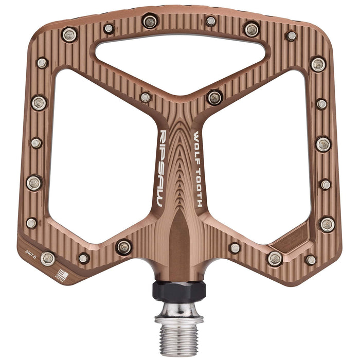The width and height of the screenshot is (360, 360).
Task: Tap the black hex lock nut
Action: (179, 290)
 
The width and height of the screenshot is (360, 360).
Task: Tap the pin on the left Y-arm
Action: (146, 97)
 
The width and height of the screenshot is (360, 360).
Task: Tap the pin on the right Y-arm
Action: (214, 97)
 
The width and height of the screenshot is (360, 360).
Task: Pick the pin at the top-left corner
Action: (69, 35)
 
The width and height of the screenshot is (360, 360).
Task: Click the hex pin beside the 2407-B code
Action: (48, 258)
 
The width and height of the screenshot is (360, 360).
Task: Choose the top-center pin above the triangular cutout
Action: (150, 22)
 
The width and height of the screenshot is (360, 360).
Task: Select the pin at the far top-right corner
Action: (291, 36)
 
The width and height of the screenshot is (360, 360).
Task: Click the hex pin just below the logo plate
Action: (275, 258)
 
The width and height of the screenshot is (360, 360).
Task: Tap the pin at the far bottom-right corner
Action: (311, 260)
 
